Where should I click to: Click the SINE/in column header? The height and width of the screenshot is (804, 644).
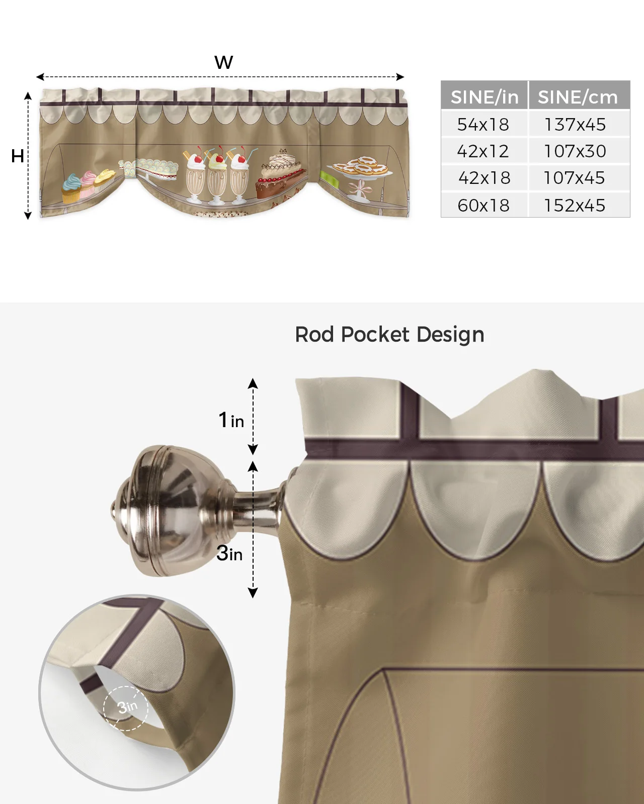tap(484, 96)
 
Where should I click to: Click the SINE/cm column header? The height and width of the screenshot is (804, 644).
tap(578, 96)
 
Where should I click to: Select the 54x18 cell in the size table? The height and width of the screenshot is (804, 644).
tap(483, 125)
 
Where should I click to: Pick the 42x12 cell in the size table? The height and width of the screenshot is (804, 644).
tap(483, 151)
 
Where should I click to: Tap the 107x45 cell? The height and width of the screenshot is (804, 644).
tap(574, 178)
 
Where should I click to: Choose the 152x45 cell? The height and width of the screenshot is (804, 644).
tap(575, 206)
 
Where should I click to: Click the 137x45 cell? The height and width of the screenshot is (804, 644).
tap(575, 125)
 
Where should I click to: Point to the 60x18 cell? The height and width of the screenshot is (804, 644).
tap(484, 206)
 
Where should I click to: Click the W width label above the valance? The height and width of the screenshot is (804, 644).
tap(223, 63)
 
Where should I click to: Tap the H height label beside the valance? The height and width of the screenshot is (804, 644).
tap(18, 156)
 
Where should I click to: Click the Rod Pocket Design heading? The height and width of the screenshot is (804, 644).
tap(389, 335)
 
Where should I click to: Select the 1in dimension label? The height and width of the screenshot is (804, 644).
tap(231, 420)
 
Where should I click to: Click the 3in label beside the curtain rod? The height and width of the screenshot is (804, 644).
tap(229, 553)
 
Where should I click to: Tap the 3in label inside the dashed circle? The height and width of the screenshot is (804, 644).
tap(127, 708)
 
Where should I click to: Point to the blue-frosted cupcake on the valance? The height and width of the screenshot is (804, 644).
tap(71, 188)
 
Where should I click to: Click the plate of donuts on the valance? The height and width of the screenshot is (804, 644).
tap(360, 168)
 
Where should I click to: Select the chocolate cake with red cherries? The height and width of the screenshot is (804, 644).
tap(280, 176)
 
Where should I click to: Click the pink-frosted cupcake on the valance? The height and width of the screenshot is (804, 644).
tap(89, 183)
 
